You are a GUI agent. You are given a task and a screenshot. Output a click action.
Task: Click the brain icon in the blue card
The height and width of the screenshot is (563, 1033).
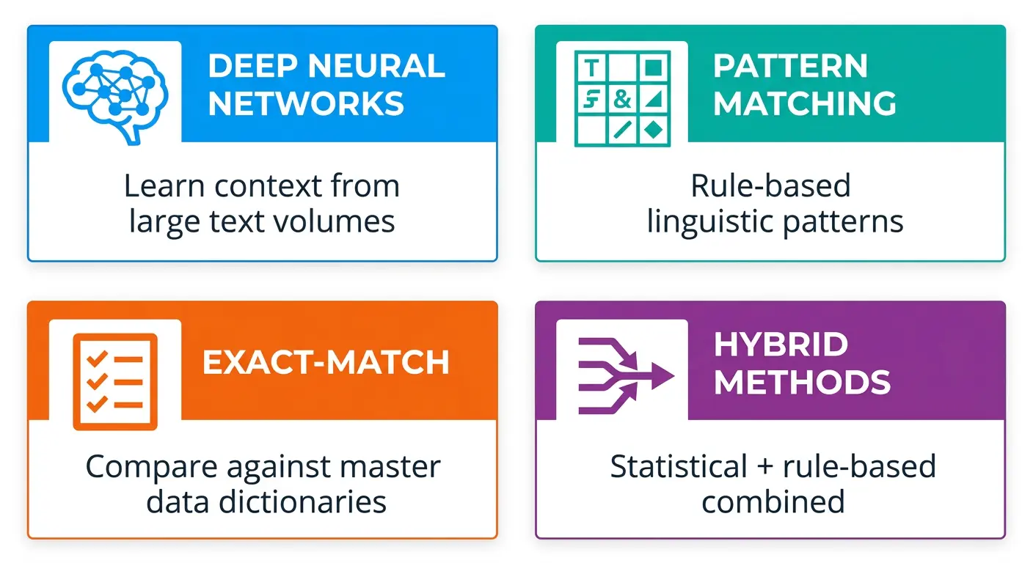point(115,91)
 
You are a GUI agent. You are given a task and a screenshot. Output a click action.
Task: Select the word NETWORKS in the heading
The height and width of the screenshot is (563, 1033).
point(306,103)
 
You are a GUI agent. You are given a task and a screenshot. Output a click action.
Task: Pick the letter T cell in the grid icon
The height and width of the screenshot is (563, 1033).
point(591,68)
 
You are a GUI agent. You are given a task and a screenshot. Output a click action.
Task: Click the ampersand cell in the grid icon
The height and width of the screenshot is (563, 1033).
point(621,100)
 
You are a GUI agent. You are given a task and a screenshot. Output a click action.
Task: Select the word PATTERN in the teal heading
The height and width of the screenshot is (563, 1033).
point(790,66)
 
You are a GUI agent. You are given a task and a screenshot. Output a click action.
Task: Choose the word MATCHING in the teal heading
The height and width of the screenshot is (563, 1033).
point(804,103)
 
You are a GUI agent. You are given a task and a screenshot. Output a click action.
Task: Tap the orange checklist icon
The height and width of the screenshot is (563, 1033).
point(115,380)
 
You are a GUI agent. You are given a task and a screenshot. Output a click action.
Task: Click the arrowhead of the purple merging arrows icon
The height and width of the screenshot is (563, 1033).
point(662,377)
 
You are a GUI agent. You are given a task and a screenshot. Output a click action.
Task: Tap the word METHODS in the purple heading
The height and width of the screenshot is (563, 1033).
point(802,382)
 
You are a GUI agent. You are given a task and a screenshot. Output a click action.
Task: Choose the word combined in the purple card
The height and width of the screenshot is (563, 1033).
point(773,502)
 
